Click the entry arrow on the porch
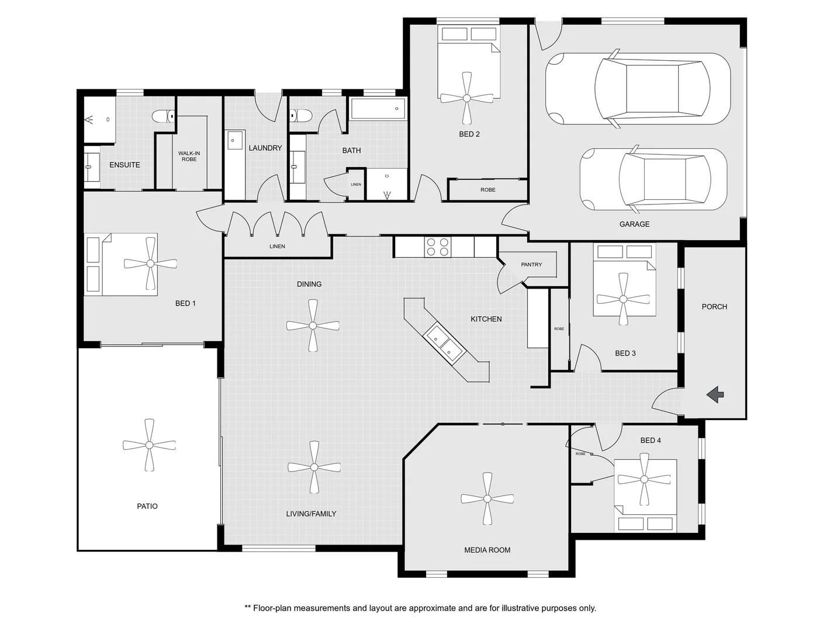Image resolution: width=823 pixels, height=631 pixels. (715, 396)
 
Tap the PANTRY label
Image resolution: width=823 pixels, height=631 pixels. (531, 265)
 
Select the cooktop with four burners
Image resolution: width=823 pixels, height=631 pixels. (438, 247)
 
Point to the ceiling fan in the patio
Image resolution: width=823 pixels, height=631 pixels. (149, 445)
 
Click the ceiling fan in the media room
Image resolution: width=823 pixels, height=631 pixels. (487, 499)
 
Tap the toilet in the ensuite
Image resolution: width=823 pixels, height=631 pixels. (163, 117)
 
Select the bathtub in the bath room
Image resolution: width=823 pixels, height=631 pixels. (377, 109)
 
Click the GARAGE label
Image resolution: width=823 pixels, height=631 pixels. (634, 224)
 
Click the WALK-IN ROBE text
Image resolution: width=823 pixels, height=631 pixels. (189, 156)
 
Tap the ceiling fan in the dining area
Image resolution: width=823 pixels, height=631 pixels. (313, 325)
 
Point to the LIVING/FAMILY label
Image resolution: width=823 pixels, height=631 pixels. (311, 514)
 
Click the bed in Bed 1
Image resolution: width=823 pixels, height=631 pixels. (122, 265)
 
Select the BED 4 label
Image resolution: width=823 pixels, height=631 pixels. (651, 441)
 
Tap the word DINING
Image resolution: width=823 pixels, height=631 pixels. (309, 284)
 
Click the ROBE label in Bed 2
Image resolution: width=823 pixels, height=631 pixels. (487, 190)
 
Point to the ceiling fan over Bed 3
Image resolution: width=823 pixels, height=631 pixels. (623, 299)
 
